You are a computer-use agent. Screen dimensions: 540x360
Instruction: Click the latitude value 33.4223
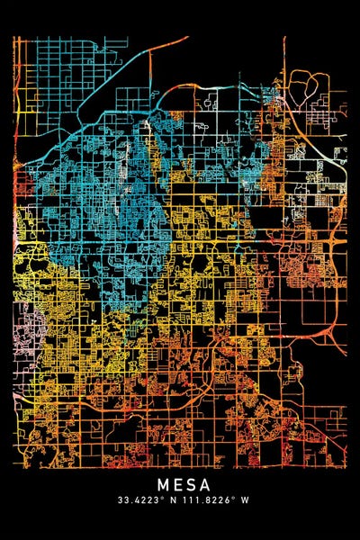point(138,500)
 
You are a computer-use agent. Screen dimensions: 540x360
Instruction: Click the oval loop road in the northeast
point(314,89)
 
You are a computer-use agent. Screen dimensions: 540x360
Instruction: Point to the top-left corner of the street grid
point(15,38)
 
